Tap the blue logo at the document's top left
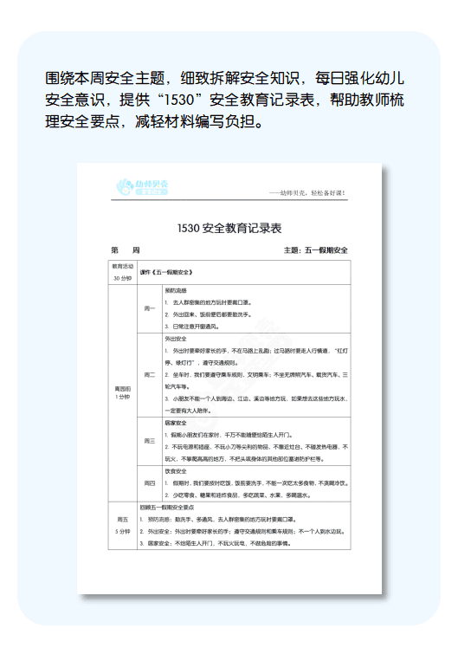(144, 187)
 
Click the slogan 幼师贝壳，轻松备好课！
(307, 192)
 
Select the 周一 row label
(150, 308)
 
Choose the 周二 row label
(150, 374)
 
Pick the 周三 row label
(150, 441)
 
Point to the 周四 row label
(150, 482)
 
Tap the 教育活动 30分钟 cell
(122, 272)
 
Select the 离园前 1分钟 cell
(122, 392)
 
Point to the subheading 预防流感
(176, 290)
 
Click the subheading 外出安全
(176, 339)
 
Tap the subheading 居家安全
(176, 422)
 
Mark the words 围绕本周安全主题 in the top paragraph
(95, 76)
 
